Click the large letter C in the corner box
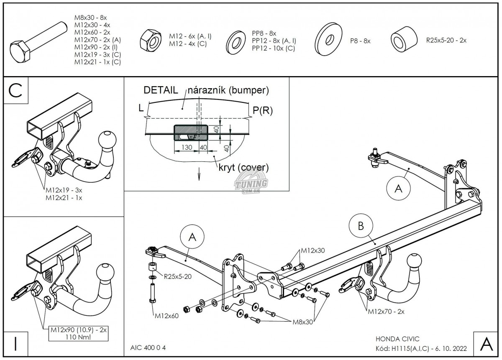click(x=15, y=91)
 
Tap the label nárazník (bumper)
click(x=228, y=90)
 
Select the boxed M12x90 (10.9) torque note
click(x=79, y=333)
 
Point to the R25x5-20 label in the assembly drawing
click(x=177, y=276)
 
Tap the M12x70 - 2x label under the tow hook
click(x=386, y=311)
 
